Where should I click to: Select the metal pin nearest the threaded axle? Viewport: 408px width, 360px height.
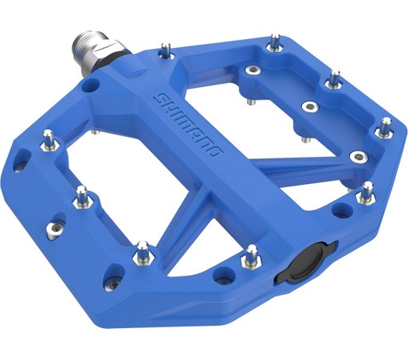tap(166, 52)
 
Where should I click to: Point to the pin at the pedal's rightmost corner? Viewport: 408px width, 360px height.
tap(386, 126)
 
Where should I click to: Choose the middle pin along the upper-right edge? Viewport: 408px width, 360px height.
tap(333, 79)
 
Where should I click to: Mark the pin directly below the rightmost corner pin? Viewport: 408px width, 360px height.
tap(367, 191)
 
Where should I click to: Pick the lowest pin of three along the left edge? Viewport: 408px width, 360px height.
tap(141, 252)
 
